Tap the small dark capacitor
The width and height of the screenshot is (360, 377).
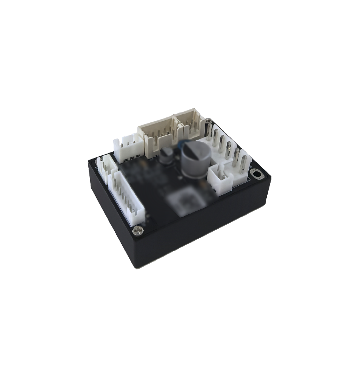click(x=166, y=155)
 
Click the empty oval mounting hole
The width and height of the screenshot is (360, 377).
click(x=257, y=175)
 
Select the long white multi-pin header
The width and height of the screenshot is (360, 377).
click(x=126, y=196)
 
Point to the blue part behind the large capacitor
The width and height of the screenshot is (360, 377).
click(x=180, y=145)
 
